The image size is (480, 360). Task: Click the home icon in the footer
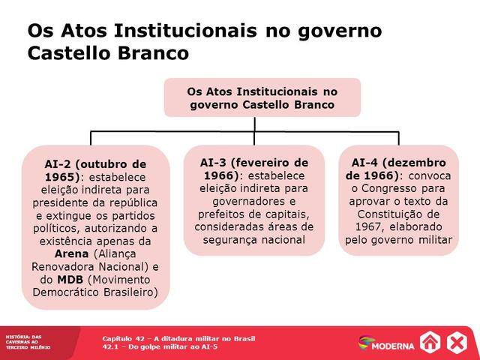[x=430, y=343]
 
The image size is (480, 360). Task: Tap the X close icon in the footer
[x=457, y=343]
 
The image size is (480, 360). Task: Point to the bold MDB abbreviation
[x=70, y=280]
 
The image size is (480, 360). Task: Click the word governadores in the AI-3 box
[x=254, y=201]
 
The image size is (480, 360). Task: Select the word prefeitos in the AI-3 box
[x=223, y=214]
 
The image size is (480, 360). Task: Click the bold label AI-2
[x=59, y=163]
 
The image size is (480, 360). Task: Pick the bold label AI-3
[x=215, y=163]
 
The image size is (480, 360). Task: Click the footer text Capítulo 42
[x=124, y=338]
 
